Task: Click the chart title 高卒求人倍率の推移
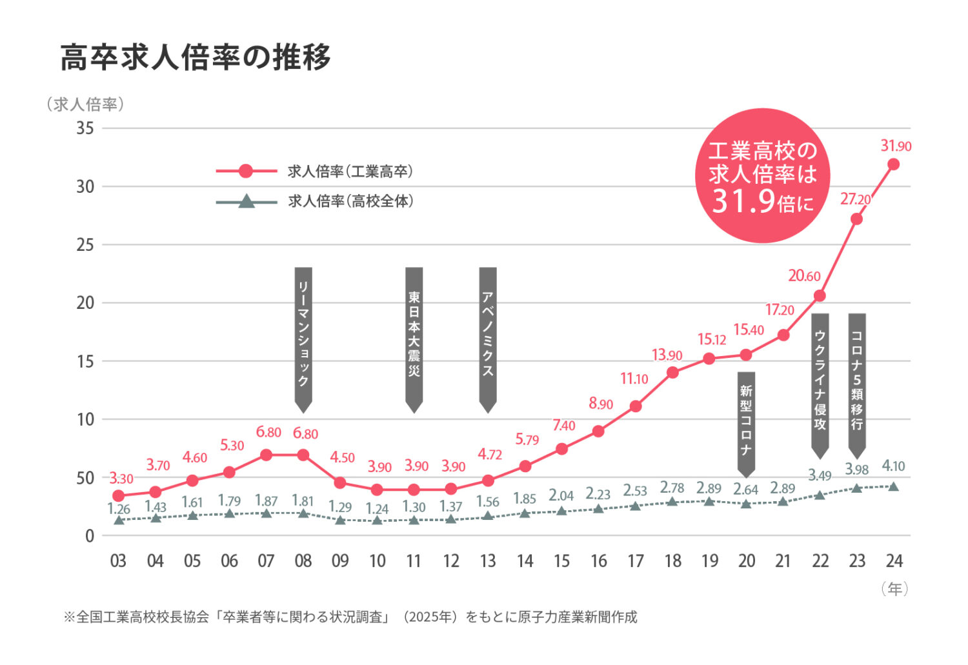coord(196,57)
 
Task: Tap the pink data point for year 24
coord(894,164)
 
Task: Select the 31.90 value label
coord(896,146)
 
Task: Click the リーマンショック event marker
coord(303,340)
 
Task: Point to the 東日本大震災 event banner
coord(414,340)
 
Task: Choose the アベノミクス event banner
coord(488,340)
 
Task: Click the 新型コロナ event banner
coord(746,424)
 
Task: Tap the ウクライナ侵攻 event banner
coord(820,386)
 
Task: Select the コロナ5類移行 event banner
coord(857,386)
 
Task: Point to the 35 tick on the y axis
coord(85,128)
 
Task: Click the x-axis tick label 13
coord(488,561)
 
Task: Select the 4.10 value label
coord(893,466)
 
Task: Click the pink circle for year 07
coord(267,455)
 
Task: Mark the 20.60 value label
coord(804,275)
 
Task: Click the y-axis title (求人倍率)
coord(86,104)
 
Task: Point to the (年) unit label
coord(895,589)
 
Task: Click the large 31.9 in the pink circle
coord(743,201)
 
